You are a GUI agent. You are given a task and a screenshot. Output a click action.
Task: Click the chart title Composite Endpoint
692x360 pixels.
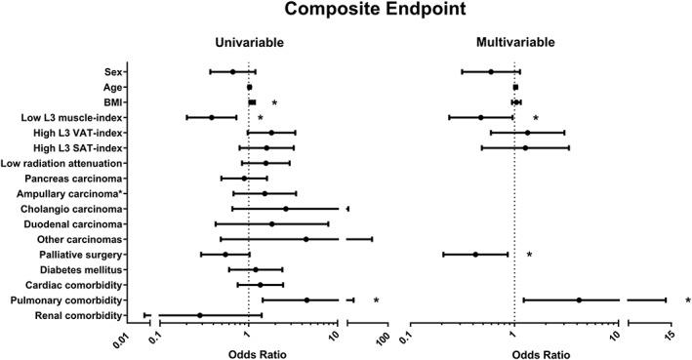pos(346,13)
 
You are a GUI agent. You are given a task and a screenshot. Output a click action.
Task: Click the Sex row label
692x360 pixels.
pos(114,71)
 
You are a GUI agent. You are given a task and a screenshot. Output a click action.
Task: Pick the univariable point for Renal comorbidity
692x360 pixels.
pos(200,315)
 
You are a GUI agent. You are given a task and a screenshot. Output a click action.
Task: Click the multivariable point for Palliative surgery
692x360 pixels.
pos(475,255)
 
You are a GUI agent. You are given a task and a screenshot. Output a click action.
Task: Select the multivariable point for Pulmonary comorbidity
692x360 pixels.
pos(579,300)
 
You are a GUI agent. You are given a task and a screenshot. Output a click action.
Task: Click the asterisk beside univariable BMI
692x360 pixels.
pos(275,102)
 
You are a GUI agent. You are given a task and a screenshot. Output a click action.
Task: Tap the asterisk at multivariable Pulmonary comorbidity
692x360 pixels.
pos(687,300)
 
